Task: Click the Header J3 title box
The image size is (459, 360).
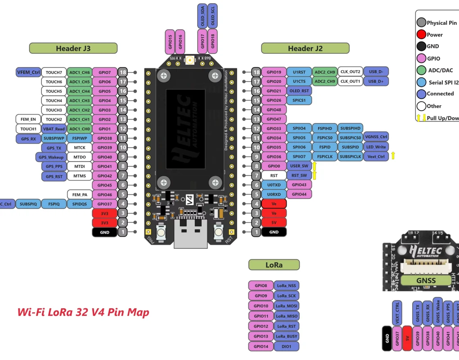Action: [73, 49]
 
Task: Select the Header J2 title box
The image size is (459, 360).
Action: [305, 49]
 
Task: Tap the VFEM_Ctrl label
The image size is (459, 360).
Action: [28, 72]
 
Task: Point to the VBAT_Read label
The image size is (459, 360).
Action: [54, 129]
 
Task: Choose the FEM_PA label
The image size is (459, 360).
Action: [79, 195]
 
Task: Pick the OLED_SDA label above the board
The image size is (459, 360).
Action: [202, 17]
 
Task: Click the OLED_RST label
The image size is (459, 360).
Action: [297, 91]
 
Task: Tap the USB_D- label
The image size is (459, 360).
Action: [376, 72]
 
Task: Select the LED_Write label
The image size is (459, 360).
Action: [376, 147]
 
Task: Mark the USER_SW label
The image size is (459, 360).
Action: [299, 166]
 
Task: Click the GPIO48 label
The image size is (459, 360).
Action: [274, 110]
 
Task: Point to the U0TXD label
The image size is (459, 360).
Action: [274, 185]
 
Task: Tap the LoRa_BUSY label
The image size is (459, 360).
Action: [286, 336]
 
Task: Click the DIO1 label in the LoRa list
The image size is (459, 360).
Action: [286, 346]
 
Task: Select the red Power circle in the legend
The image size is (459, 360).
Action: [421, 35]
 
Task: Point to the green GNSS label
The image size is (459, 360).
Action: [426, 281]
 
